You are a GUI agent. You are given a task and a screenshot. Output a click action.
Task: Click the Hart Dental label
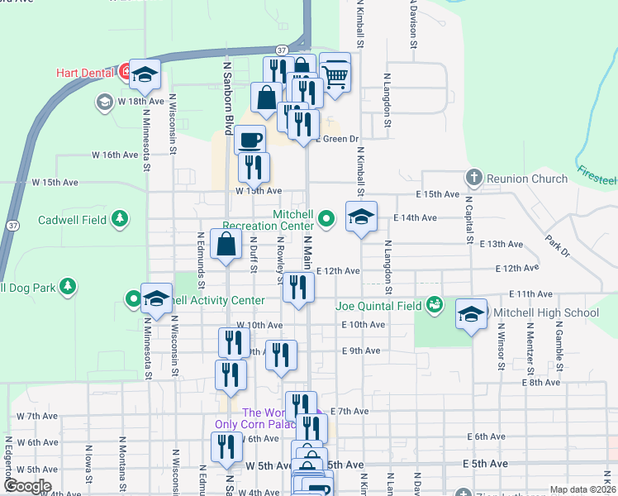(x=84, y=73)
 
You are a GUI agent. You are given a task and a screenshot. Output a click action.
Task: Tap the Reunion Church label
(x=527, y=179)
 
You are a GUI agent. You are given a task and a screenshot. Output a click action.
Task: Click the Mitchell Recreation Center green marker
(x=327, y=219)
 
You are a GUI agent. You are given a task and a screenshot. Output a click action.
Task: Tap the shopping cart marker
(x=335, y=76)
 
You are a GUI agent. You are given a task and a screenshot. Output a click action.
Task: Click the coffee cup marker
(x=250, y=140)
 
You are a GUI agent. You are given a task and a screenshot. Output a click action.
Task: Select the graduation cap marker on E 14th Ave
(x=361, y=217)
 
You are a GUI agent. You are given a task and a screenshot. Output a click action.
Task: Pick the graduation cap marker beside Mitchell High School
(x=471, y=313)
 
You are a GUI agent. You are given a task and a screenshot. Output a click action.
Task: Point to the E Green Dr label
(x=340, y=139)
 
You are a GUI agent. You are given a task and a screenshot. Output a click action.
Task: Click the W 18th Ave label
(x=140, y=101)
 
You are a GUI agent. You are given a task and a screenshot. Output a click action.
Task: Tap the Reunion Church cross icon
(x=473, y=177)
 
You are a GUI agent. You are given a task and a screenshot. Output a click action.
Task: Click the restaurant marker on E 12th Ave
(x=298, y=287)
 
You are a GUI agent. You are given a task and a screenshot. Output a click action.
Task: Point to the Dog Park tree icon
(x=69, y=286)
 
